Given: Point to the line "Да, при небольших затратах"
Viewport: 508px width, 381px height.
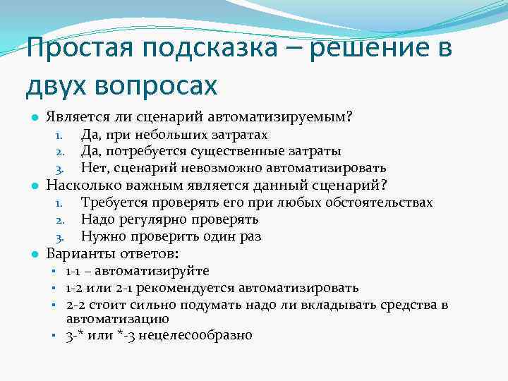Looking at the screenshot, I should coord(174,134).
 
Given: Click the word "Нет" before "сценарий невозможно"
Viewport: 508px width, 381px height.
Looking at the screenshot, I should coord(92,168).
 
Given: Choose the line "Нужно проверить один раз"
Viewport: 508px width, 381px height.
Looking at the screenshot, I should coord(171,236).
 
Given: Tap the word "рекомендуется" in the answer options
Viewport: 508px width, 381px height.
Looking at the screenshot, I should coord(196,288).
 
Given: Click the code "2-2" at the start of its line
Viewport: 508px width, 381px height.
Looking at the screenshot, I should coord(75,305).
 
